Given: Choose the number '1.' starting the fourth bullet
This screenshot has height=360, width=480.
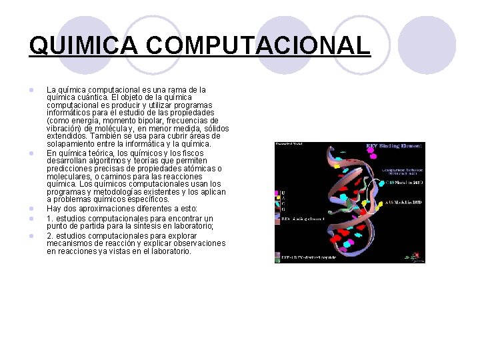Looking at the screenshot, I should tap(50, 219).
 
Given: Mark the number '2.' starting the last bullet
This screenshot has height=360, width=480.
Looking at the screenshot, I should tap(50, 235).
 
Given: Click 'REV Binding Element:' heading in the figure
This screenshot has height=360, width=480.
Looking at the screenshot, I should tap(394, 146).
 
